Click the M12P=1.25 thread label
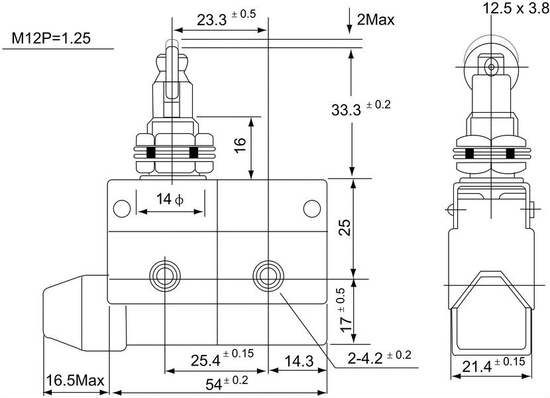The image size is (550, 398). [x=51, y=38]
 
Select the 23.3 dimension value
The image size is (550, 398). [x=212, y=21]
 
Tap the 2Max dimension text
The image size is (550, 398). [x=376, y=20]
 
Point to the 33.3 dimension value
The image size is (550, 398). [x=346, y=110]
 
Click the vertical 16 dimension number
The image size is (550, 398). [x=241, y=145]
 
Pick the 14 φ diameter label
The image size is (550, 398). [x=170, y=200]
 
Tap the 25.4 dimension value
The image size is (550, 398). [x=205, y=360]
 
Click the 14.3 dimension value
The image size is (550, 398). [x=299, y=361]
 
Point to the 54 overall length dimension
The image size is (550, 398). [x=214, y=384]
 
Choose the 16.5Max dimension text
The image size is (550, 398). [x=76, y=381]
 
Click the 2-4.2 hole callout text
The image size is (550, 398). [x=365, y=358]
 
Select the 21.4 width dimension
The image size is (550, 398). [x=477, y=367]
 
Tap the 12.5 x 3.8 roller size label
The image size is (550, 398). [x=516, y=8]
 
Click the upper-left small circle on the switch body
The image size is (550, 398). [x=122, y=209]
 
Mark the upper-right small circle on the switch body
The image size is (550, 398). [x=312, y=209]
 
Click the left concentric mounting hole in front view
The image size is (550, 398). [x=165, y=275]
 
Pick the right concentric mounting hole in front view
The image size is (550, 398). [x=268, y=275]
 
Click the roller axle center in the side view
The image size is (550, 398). [x=491, y=66]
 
